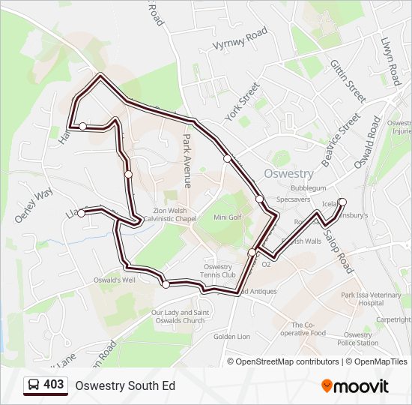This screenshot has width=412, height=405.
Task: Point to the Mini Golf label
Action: click(228, 217)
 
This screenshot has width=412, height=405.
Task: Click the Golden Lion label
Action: click(231, 337)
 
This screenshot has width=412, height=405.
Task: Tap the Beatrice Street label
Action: click(340, 140)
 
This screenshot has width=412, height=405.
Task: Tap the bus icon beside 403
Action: click(33, 385)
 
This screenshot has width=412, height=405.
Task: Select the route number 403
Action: click(53, 385)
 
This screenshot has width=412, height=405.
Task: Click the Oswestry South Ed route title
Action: click(124, 385)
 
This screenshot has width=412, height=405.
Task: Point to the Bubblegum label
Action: click(309, 187)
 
